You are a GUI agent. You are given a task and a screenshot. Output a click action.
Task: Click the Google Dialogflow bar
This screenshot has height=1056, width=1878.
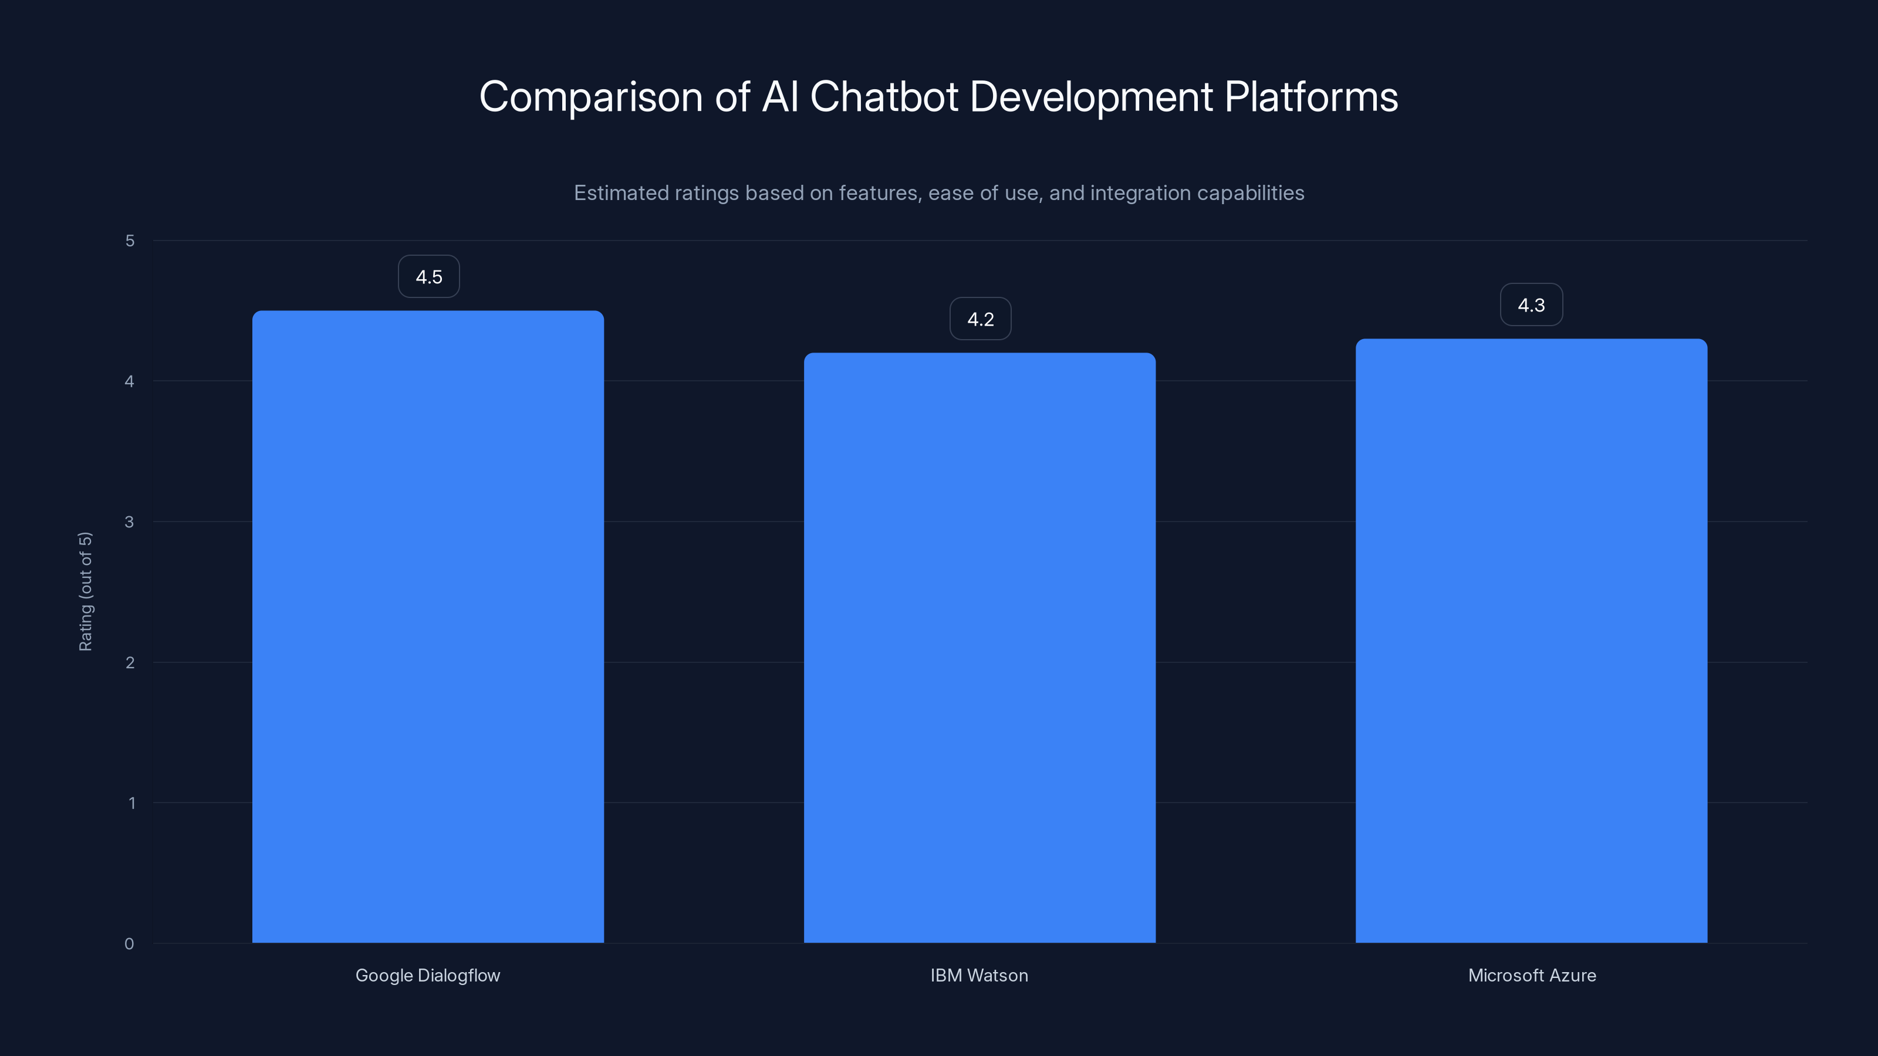coord(428,627)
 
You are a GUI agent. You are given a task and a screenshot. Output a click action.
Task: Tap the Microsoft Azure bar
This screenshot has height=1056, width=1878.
coord(1531,641)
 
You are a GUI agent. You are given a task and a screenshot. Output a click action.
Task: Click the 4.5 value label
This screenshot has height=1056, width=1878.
coord(428,277)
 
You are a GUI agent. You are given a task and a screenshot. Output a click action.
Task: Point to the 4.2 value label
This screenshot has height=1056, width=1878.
coord(981,319)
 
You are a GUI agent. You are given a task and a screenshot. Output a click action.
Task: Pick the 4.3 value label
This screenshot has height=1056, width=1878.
coord(1531,305)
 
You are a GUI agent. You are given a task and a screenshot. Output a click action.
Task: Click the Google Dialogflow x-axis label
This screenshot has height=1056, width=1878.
coord(428,976)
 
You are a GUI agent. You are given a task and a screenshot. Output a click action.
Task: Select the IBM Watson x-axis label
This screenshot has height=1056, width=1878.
coord(979,976)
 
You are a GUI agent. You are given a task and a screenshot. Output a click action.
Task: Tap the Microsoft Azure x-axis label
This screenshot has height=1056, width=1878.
coord(1532,976)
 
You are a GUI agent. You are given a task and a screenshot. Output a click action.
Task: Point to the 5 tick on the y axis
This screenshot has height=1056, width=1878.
coord(130,241)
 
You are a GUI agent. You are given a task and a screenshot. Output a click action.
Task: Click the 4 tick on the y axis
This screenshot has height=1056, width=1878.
coord(130,381)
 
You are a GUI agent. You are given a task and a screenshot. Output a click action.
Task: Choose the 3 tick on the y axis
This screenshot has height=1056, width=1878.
coord(130,522)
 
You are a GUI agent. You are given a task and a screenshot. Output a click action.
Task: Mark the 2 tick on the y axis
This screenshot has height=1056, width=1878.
coord(130,662)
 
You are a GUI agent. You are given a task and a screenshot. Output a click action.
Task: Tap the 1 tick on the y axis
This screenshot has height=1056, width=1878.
coord(131,803)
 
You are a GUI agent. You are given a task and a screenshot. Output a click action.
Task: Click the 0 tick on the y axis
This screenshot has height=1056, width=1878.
coord(130,944)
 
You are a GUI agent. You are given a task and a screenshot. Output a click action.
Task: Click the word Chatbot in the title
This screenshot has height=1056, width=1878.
coord(884,97)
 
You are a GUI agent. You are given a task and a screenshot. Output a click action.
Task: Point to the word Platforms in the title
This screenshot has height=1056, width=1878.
coord(1311,97)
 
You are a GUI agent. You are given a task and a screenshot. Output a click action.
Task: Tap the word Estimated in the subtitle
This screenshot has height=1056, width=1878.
coord(620,193)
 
